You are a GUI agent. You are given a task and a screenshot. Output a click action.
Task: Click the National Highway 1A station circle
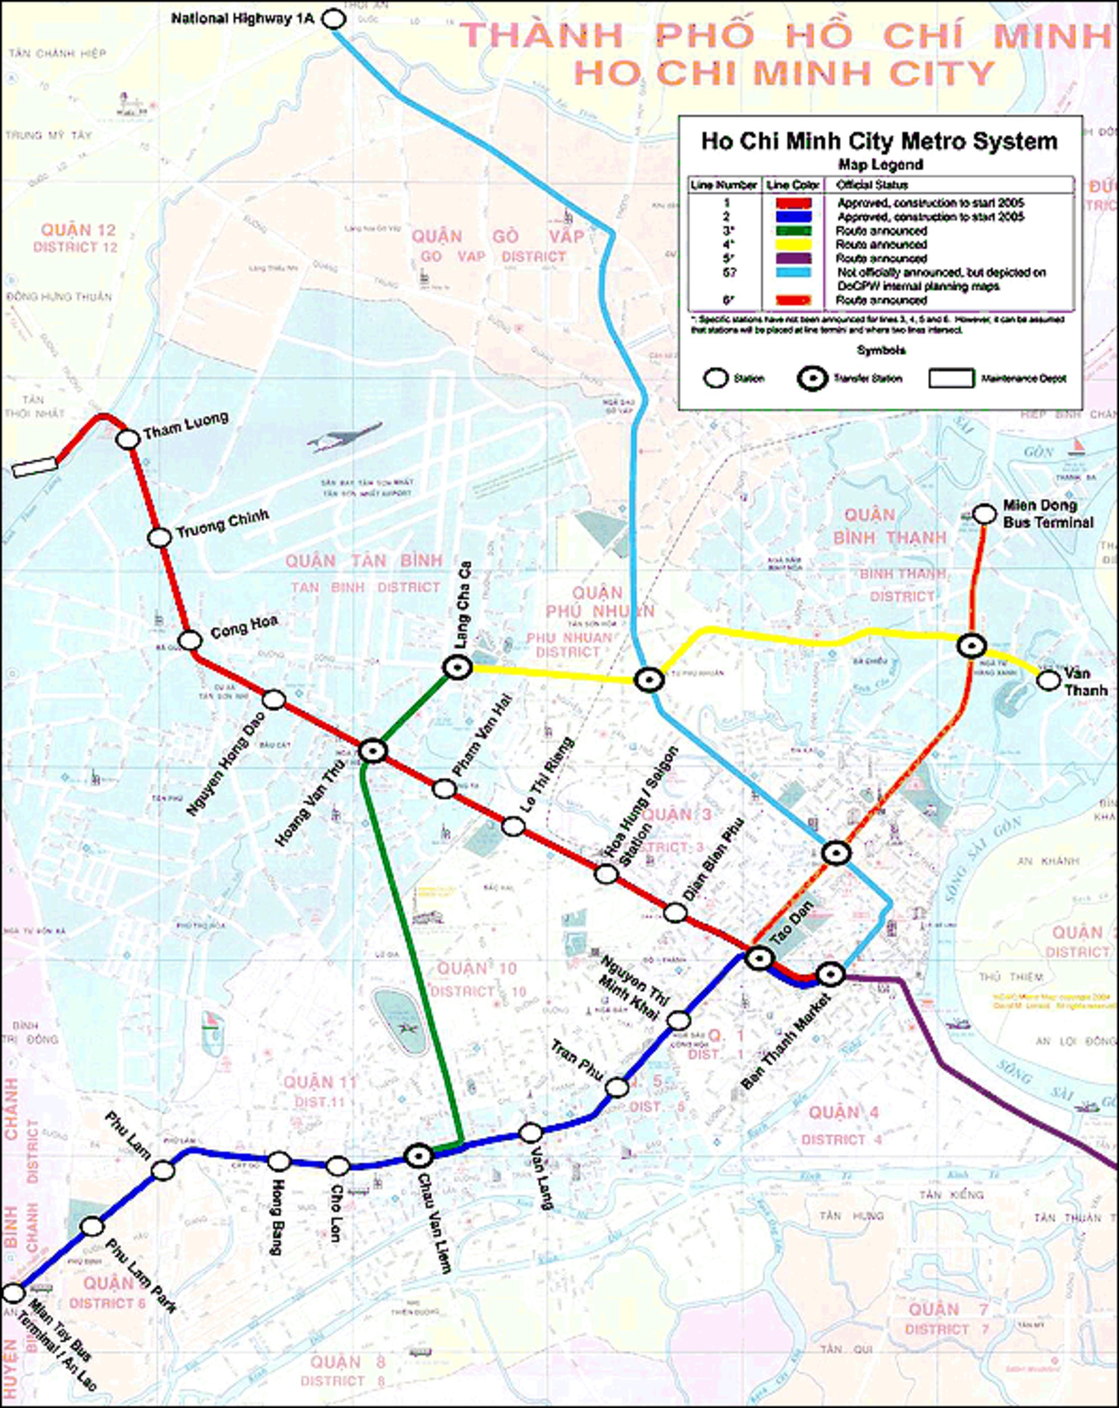tap(334, 19)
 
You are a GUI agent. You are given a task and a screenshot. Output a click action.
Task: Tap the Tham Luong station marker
tap(128, 439)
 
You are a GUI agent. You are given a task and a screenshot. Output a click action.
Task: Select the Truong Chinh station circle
tap(160, 537)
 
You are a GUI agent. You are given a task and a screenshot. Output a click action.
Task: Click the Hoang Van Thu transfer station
tap(374, 751)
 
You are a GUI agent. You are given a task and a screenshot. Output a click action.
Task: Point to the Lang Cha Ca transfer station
tap(457, 668)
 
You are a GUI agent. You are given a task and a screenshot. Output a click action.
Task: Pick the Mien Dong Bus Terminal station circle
tap(985, 515)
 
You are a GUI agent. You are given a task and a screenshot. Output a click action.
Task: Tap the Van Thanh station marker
tap(1049, 681)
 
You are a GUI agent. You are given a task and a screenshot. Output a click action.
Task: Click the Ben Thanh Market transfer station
tap(830, 975)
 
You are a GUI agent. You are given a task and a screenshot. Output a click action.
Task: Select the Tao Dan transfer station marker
tap(760, 959)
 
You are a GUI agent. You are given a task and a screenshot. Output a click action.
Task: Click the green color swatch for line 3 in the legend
tap(794, 231)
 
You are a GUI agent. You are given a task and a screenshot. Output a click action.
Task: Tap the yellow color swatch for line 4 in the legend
tap(794, 244)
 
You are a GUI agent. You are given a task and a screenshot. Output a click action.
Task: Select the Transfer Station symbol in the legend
tap(813, 379)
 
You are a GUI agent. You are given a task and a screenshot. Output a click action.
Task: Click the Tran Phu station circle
tap(617, 1087)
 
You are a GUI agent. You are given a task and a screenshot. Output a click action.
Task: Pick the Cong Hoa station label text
tap(244, 627)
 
